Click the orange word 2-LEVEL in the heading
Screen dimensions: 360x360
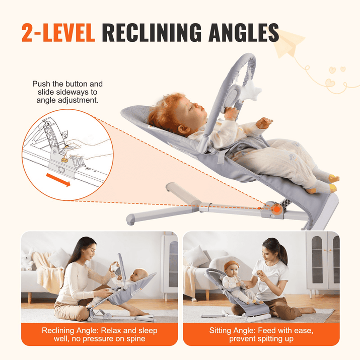point(58,32)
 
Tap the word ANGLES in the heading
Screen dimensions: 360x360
point(244,32)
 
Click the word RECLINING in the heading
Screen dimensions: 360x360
point(152,32)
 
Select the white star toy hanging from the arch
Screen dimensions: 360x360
point(252,91)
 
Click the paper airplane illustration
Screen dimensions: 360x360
point(289,43)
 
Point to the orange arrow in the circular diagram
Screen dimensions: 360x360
point(58,180)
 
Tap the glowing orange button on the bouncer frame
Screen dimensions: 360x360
point(277,209)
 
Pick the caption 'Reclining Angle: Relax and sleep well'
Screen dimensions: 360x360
point(99,334)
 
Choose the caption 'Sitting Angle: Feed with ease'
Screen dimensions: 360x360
point(261,334)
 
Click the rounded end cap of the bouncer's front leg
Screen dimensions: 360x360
point(130,220)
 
